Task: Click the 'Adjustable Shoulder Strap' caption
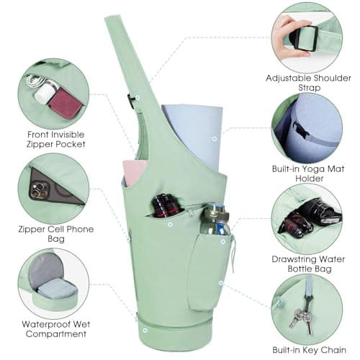click(x=308, y=83)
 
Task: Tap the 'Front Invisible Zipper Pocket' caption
click(x=55, y=139)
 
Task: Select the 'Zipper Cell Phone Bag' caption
click(x=56, y=234)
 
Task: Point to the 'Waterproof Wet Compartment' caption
click(x=56, y=329)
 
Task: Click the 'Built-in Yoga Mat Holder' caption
click(x=308, y=174)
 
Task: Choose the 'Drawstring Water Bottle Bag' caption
click(x=308, y=264)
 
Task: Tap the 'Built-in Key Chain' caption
click(x=309, y=350)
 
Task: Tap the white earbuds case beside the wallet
click(x=45, y=94)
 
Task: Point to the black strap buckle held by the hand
click(x=304, y=38)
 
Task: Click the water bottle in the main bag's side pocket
click(x=215, y=220)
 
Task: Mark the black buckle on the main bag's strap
click(x=131, y=101)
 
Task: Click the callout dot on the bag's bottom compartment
click(x=145, y=330)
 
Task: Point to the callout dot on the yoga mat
click(x=215, y=139)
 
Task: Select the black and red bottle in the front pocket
click(x=166, y=206)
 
